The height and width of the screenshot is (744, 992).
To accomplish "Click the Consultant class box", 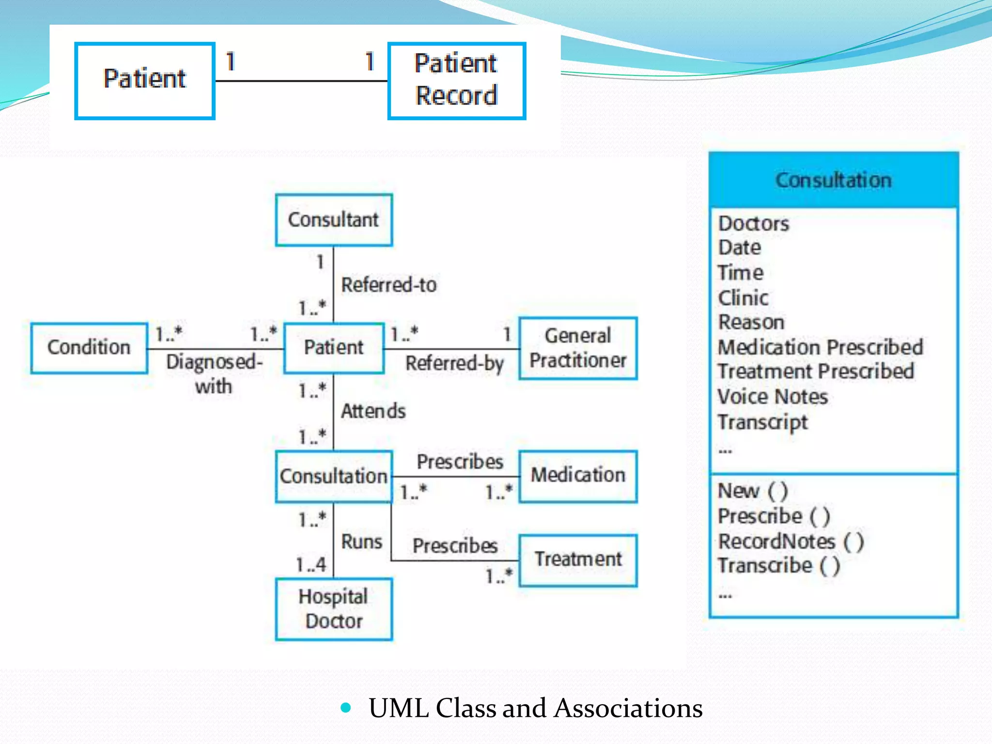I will coord(334,220).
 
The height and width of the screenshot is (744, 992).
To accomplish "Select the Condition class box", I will coord(89,348).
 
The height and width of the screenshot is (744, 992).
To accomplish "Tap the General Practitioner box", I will coord(578,348).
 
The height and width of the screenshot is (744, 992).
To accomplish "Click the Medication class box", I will coord(578,476).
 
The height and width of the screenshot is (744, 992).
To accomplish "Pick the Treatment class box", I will coord(578,560).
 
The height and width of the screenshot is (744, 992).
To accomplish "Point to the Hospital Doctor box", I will coord(334,609).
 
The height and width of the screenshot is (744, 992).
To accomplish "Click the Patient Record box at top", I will coord(456,80).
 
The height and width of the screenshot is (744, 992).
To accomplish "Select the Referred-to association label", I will coord(389,285).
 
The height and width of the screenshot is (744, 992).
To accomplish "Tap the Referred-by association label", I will coord(454,363).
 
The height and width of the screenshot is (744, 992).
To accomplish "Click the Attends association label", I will coord(373,411).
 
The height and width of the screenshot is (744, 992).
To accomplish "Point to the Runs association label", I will coord(361,542).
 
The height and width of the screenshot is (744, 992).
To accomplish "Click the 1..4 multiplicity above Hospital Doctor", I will coord(311,565).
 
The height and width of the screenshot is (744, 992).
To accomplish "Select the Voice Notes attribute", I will coord(773,397).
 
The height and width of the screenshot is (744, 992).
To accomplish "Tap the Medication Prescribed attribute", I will coord(820,347).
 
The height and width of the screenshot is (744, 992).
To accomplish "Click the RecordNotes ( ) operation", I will coord(790,542).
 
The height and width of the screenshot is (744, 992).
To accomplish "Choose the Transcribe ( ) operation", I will coord(778,566).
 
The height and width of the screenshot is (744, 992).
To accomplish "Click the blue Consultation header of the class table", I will coord(833,180).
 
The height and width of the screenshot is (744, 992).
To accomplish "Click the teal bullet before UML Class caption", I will coord(345,708).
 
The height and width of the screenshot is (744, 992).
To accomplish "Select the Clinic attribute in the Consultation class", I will coord(743,298).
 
